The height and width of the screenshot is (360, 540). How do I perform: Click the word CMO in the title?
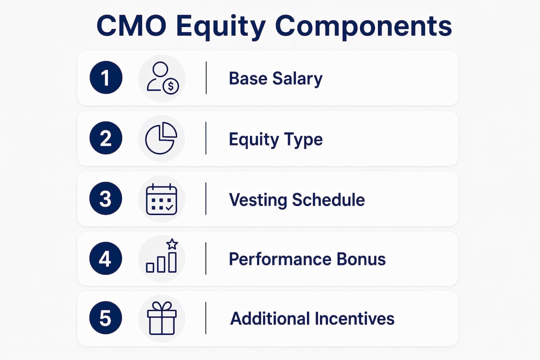point(131,26)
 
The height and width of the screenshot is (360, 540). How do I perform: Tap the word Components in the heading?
point(363,27)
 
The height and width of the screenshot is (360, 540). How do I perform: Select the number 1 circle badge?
point(106,77)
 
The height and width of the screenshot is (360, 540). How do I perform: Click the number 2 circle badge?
point(105,138)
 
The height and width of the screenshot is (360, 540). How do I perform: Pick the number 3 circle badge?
point(105,198)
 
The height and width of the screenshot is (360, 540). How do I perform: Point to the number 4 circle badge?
point(105,258)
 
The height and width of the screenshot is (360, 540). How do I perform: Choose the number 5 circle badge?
point(105,318)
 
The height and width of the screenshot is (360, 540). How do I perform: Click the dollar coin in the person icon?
point(171,86)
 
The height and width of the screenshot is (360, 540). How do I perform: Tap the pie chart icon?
point(161,138)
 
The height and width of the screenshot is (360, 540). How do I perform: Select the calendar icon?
point(161,199)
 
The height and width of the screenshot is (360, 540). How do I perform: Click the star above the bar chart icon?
point(172,244)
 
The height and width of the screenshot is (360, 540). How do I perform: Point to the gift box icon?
point(161,318)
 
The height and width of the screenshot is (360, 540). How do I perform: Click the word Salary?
point(297,79)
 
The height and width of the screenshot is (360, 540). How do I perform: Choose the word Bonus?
point(361,259)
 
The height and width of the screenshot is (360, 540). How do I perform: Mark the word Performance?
point(280,259)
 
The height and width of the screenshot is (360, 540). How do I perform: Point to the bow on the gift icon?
point(161,306)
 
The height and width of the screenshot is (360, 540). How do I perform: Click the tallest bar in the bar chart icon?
point(172,262)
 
